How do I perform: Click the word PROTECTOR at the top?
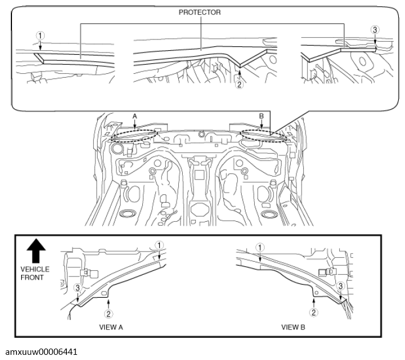200,12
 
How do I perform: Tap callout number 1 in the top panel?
40,35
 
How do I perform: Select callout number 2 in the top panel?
239,84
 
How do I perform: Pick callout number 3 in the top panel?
375,30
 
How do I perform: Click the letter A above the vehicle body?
135,117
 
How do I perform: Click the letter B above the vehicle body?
262,116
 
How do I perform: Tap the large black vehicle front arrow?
36,251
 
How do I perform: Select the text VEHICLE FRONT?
35,273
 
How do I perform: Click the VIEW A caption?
111,327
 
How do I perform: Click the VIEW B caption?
293,327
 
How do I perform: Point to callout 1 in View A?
159,245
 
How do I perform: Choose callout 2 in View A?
109,314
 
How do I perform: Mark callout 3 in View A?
78,287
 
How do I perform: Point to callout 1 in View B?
260,247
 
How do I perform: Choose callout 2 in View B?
314,313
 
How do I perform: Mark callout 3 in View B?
340,286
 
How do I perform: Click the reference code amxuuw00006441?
41,352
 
